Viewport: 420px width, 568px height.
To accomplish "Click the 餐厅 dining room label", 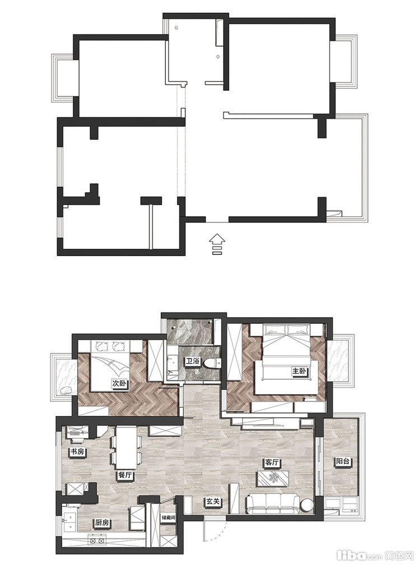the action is (124, 475).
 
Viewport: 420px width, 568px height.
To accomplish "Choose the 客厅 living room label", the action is (272, 463).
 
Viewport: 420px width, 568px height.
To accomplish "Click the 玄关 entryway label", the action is (213, 502).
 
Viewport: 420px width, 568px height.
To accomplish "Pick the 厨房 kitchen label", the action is (102, 523).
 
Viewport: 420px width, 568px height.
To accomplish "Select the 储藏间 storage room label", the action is (169, 518).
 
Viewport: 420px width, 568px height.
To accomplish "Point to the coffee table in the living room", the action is (273, 478).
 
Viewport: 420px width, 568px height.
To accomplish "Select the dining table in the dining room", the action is (126, 448).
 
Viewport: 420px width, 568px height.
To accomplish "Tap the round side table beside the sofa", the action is (308, 505).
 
